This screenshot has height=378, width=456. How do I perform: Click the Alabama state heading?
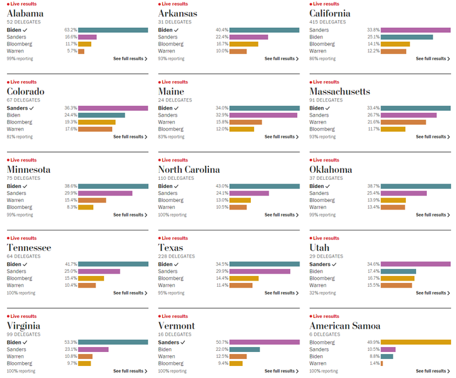point(25,13)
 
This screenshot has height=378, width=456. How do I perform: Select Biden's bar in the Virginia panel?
point(113,342)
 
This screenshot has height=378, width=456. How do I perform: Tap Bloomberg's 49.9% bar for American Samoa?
point(415,342)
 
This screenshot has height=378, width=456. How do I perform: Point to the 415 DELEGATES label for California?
point(328,22)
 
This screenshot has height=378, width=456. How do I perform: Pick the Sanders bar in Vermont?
point(264,342)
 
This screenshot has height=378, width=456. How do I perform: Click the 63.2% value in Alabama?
point(70,30)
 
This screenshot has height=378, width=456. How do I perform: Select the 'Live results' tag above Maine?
point(174,82)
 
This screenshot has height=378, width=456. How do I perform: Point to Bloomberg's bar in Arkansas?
point(244,44)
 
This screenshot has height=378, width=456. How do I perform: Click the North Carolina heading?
point(189,170)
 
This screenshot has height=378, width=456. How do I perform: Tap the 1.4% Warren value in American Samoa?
point(375,363)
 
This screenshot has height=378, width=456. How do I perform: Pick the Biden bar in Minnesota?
point(113,186)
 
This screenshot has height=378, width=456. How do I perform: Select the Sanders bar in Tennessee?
point(99,271)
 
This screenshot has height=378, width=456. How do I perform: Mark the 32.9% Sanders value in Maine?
point(222,115)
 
